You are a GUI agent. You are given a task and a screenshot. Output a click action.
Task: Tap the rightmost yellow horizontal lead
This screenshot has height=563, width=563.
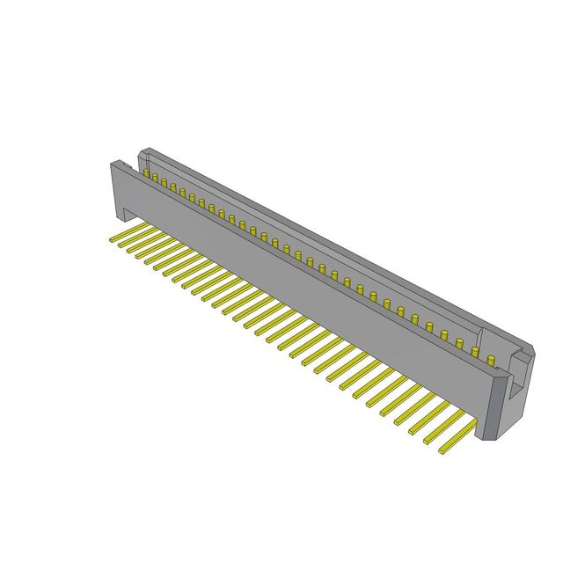[x=457, y=435]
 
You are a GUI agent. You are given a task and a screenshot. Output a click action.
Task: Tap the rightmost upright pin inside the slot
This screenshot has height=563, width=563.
[x=489, y=356]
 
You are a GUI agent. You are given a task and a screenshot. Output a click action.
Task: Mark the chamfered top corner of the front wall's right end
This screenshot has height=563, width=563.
[x=501, y=375]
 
